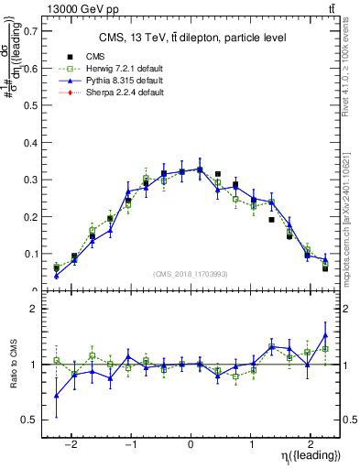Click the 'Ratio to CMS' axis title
point(13,365)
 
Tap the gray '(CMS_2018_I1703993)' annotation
point(191,274)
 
